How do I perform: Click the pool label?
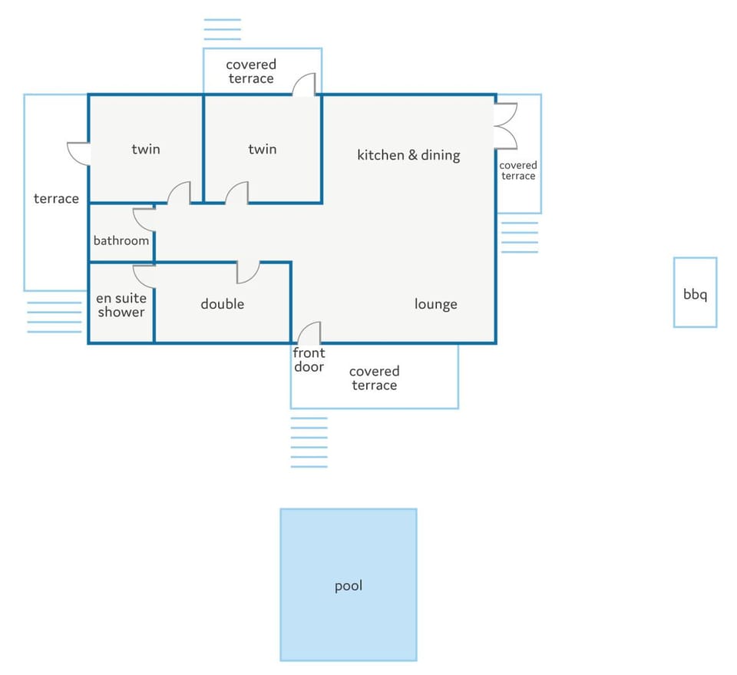[349, 586]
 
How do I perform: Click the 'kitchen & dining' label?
[408, 155]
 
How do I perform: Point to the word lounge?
[436, 304]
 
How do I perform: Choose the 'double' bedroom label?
[223, 304]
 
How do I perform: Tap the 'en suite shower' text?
[121, 305]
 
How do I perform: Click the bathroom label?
[121, 240]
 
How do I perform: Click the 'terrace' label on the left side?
[56, 199]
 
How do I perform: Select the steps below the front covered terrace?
[309, 442]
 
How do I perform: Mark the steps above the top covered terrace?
[223, 29]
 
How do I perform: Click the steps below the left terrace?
[54, 317]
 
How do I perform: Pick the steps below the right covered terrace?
[520, 237]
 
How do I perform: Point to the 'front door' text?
[309, 360]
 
